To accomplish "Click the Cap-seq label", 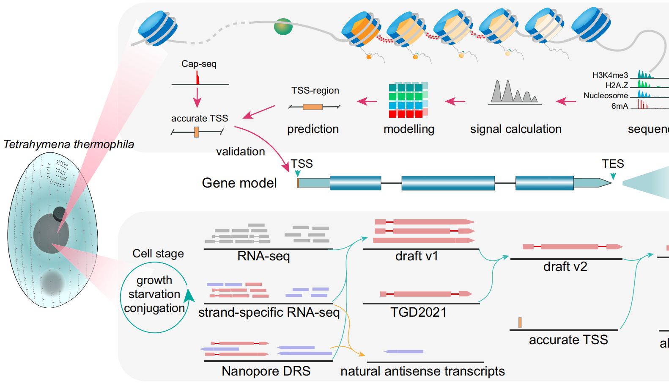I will (x=199, y=64).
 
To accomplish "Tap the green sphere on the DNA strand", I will (x=283, y=26).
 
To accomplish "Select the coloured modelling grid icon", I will (x=408, y=100).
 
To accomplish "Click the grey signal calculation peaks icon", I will (x=514, y=92).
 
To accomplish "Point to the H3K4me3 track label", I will (x=610, y=75).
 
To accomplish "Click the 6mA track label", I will (x=620, y=106).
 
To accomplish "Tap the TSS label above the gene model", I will (x=302, y=164).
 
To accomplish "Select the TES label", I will (x=612, y=164).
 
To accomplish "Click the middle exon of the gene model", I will (x=448, y=183).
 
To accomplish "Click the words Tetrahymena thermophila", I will (x=69, y=144).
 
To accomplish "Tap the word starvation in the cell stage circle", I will (x=154, y=294).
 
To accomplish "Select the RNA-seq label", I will (x=263, y=256).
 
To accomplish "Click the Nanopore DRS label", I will (x=266, y=371).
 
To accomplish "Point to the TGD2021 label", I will (x=418, y=312).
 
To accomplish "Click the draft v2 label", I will (x=565, y=267).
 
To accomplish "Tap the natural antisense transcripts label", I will (x=422, y=371).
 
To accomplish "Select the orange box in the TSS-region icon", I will (x=313, y=107).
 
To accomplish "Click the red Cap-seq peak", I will (x=197, y=78).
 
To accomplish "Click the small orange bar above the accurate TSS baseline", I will (x=520, y=323).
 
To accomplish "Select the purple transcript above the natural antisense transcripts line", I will (x=404, y=351).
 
